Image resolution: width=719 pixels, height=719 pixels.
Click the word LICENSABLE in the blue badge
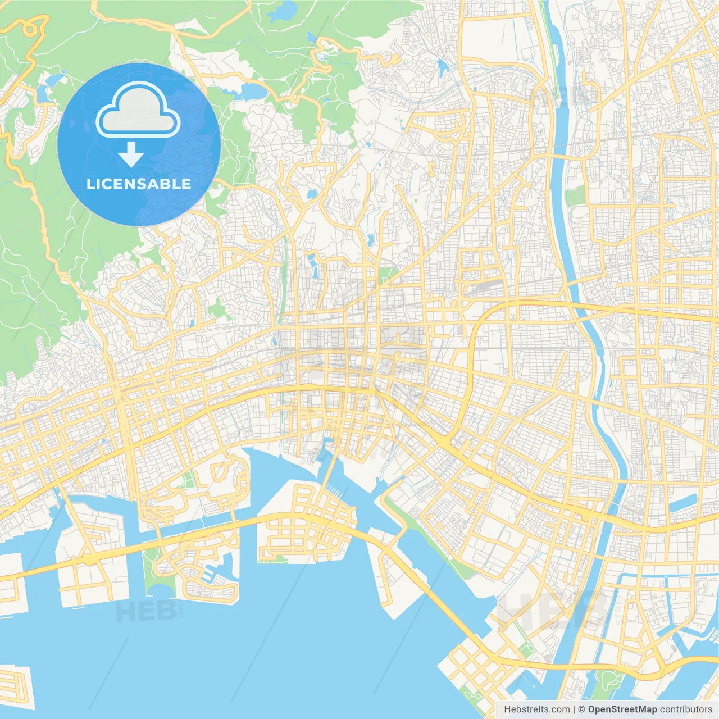[139, 184]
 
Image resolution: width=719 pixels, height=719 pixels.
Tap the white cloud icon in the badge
[138, 111]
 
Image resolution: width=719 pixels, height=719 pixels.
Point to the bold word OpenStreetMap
[622, 709]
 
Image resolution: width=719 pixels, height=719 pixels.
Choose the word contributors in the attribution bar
[686, 709]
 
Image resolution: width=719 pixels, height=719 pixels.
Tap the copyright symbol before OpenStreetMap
[582, 709]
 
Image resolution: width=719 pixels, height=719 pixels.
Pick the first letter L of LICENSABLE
[90, 184]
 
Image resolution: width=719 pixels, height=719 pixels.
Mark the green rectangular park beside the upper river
[575, 196]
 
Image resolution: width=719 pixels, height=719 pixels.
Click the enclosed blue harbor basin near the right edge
[682, 508]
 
